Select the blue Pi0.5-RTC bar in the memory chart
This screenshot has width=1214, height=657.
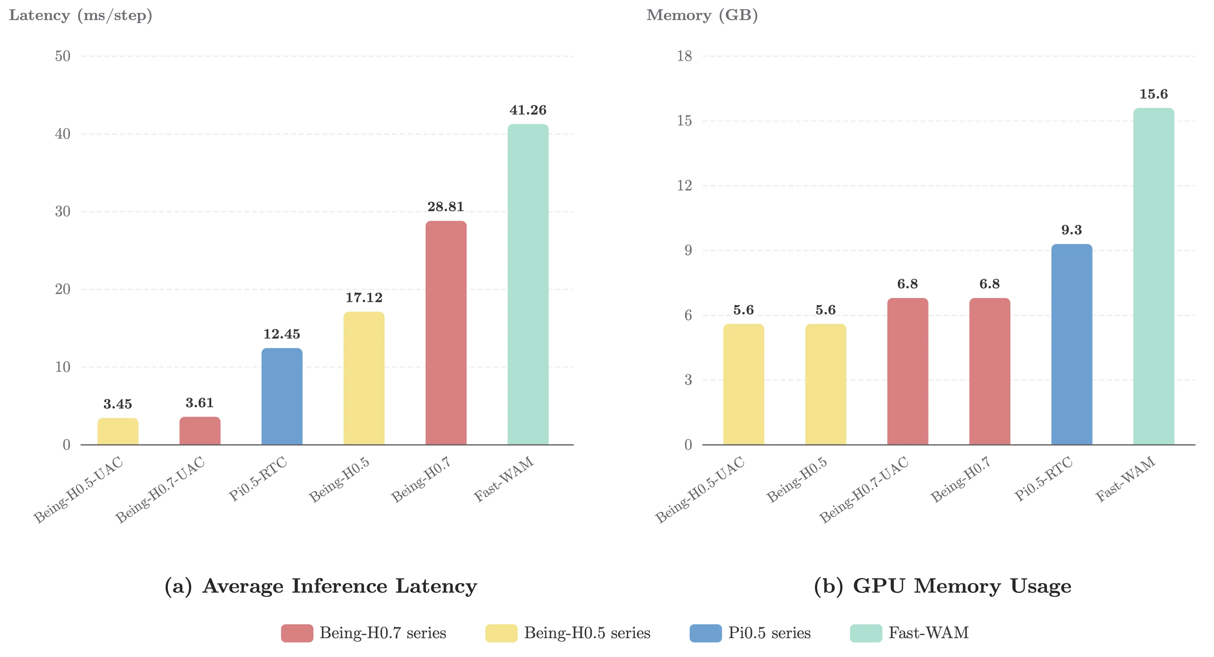(x=1071, y=344)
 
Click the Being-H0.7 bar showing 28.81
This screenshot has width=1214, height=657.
(x=446, y=332)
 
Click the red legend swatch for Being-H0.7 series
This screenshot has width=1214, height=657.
(x=297, y=633)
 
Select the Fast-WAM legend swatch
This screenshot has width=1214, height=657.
(x=866, y=633)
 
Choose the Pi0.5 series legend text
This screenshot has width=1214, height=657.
(x=769, y=633)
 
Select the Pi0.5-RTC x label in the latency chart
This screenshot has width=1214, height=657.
(x=258, y=478)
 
